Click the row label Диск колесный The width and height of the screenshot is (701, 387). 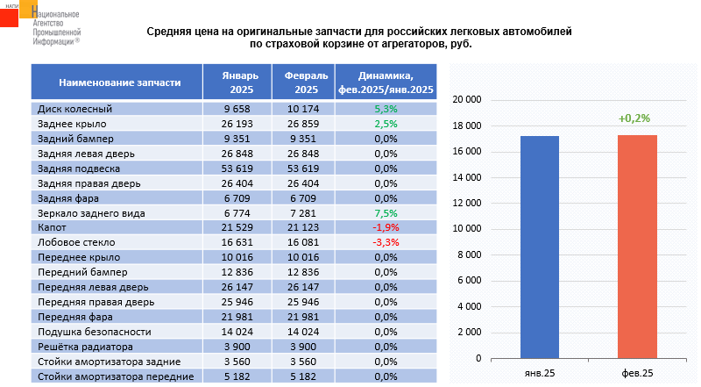75,109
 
